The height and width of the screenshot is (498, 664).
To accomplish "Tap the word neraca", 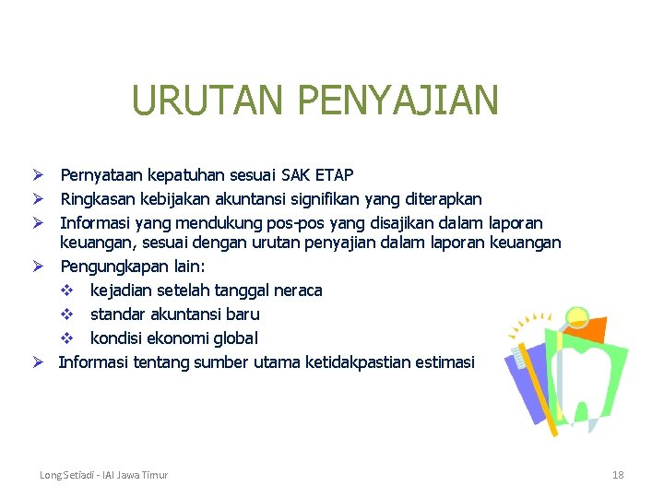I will tap(296, 290).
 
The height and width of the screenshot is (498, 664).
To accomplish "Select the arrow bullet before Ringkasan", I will tap(40, 199).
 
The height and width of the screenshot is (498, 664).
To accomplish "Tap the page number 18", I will tap(618, 475).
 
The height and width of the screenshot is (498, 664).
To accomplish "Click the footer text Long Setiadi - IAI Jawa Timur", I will tap(103, 475).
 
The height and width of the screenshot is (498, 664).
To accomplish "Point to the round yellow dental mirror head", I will tap(577, 317).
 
